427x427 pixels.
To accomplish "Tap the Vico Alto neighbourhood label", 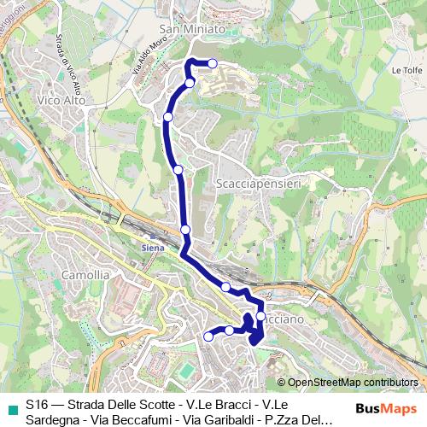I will (60, 100).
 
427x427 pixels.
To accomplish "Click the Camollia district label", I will (85, 275).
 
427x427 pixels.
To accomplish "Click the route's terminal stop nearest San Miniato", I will (213, 64).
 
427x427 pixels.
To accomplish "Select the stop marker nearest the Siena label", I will (185, 230).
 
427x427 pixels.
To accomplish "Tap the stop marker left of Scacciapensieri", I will (178, 170).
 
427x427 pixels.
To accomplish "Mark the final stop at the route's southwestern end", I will (208, 337).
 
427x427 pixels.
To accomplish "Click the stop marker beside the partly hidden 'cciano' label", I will (260, 317).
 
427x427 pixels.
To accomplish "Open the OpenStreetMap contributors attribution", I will (353, 382).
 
